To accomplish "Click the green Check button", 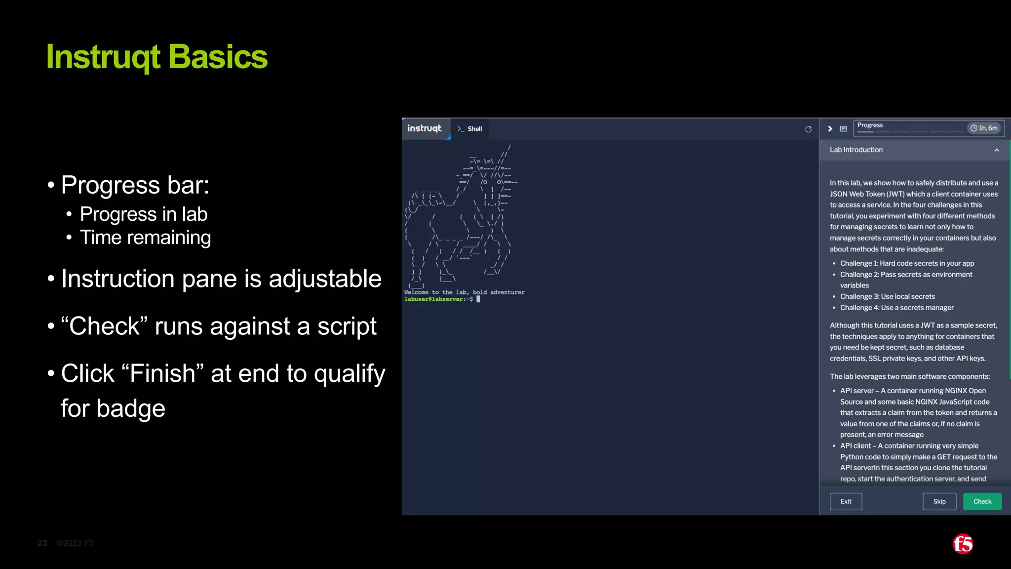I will [982, 501].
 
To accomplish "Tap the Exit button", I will [846, 501].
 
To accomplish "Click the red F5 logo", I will [963, 544].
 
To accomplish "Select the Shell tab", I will [470, 129].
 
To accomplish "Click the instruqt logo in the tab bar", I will [425, 128].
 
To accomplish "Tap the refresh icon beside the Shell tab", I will [808, 129].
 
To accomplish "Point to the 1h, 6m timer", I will [984, 128].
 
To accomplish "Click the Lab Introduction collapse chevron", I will [996, 150].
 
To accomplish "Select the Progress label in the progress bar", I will [870, 125].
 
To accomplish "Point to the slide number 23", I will [43, 543].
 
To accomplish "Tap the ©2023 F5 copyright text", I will [75, 543].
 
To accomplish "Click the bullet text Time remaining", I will [145, 238].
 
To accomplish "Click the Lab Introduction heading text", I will [856, 150].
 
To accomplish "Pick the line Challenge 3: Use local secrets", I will [887, 296].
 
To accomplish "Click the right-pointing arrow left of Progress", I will [830, 129].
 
